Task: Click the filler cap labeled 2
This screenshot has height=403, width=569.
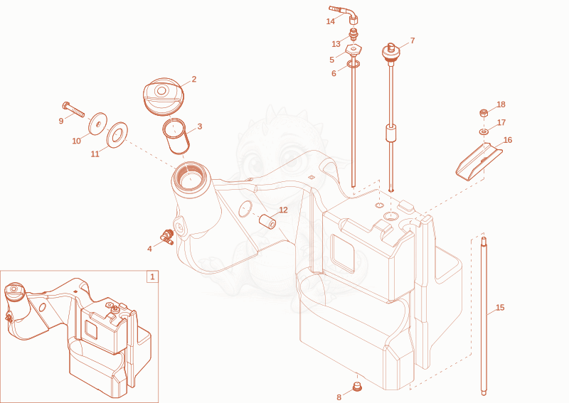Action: click(164, 97)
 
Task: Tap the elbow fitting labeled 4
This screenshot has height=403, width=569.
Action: click(167, 236)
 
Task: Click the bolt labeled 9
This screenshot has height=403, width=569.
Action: click(73, 109)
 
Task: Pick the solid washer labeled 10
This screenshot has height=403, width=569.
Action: click(98, 124)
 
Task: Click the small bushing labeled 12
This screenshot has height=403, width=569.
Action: click(267, 221)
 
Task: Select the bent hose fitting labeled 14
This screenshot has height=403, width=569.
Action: click(344, 14)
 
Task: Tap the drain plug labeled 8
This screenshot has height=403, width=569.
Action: click(358, 387)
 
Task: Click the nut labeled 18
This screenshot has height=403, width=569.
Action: click(484, 113)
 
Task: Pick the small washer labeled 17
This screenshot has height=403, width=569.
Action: click(484, 131)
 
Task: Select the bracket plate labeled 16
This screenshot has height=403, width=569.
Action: click(479, 161)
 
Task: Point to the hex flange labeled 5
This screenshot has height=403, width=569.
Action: click(353, 50)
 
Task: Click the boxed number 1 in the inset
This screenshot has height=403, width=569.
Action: click(152, 276)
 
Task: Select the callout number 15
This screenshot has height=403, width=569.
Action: click(500, 308)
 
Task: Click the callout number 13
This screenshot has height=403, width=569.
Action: click(336, 44)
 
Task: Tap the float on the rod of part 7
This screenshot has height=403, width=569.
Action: click(390, 133)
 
